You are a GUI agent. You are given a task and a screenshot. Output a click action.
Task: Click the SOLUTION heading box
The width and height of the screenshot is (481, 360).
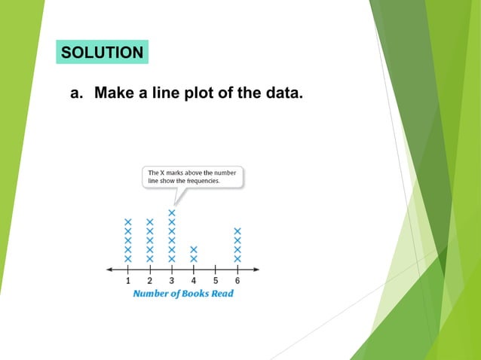[x=102, y=53]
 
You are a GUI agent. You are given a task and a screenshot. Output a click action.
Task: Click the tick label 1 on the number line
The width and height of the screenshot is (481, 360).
[x=128, y=281]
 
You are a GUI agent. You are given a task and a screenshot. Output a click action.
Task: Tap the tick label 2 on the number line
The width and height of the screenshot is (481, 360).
[x=150, y=281]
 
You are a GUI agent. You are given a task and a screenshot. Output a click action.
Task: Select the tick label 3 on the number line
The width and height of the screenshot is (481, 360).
[x=172, y=281]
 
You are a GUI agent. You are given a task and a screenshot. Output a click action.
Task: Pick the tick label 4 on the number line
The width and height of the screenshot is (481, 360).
[x=194, y=281]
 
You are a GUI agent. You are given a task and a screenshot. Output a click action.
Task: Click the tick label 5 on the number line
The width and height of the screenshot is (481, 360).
[x=216, y=281]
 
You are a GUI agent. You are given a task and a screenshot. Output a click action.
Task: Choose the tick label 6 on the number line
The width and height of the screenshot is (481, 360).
[x=237, y=281]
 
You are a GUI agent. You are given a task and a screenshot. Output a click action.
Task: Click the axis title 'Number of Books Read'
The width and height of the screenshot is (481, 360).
[x=183, y=293]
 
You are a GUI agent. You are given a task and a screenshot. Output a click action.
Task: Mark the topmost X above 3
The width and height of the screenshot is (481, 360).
[x=172, y=213]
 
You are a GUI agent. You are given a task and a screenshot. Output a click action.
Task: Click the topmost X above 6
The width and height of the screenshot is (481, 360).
[x=237, y=231]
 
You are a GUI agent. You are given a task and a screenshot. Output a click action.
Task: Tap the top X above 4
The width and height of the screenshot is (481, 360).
[x=194, y=249]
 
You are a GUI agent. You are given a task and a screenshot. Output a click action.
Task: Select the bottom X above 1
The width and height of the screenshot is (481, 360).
[x=128, y=258]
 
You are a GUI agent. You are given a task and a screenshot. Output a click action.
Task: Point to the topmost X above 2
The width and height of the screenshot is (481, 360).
[x=150, y=222]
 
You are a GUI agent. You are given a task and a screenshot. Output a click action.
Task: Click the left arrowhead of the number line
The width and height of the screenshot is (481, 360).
[x=110, y=269]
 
